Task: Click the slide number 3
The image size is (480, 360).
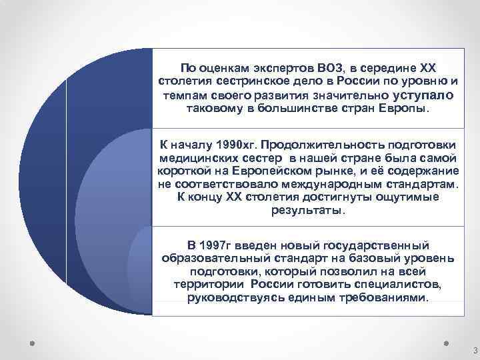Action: (x=473, y=351)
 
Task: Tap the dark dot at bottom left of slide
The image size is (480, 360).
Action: (x=32, y=345)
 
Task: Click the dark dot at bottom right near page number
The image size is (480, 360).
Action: (x=446, y=345)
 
